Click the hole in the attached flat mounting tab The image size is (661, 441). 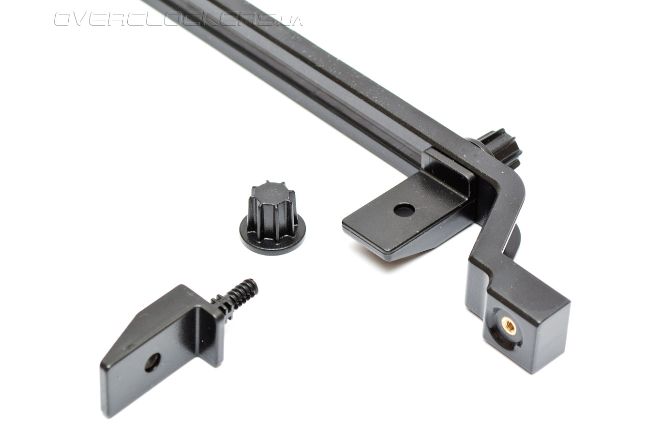tap(404, 209)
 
